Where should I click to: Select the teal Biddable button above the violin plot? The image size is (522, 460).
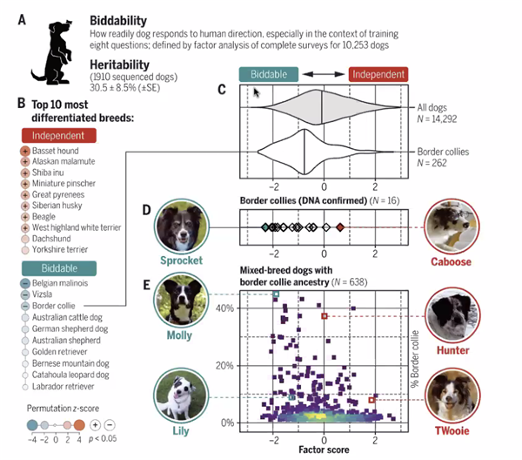269,76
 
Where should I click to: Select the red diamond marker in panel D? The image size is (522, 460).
340,227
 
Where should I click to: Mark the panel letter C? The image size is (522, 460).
222,89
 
